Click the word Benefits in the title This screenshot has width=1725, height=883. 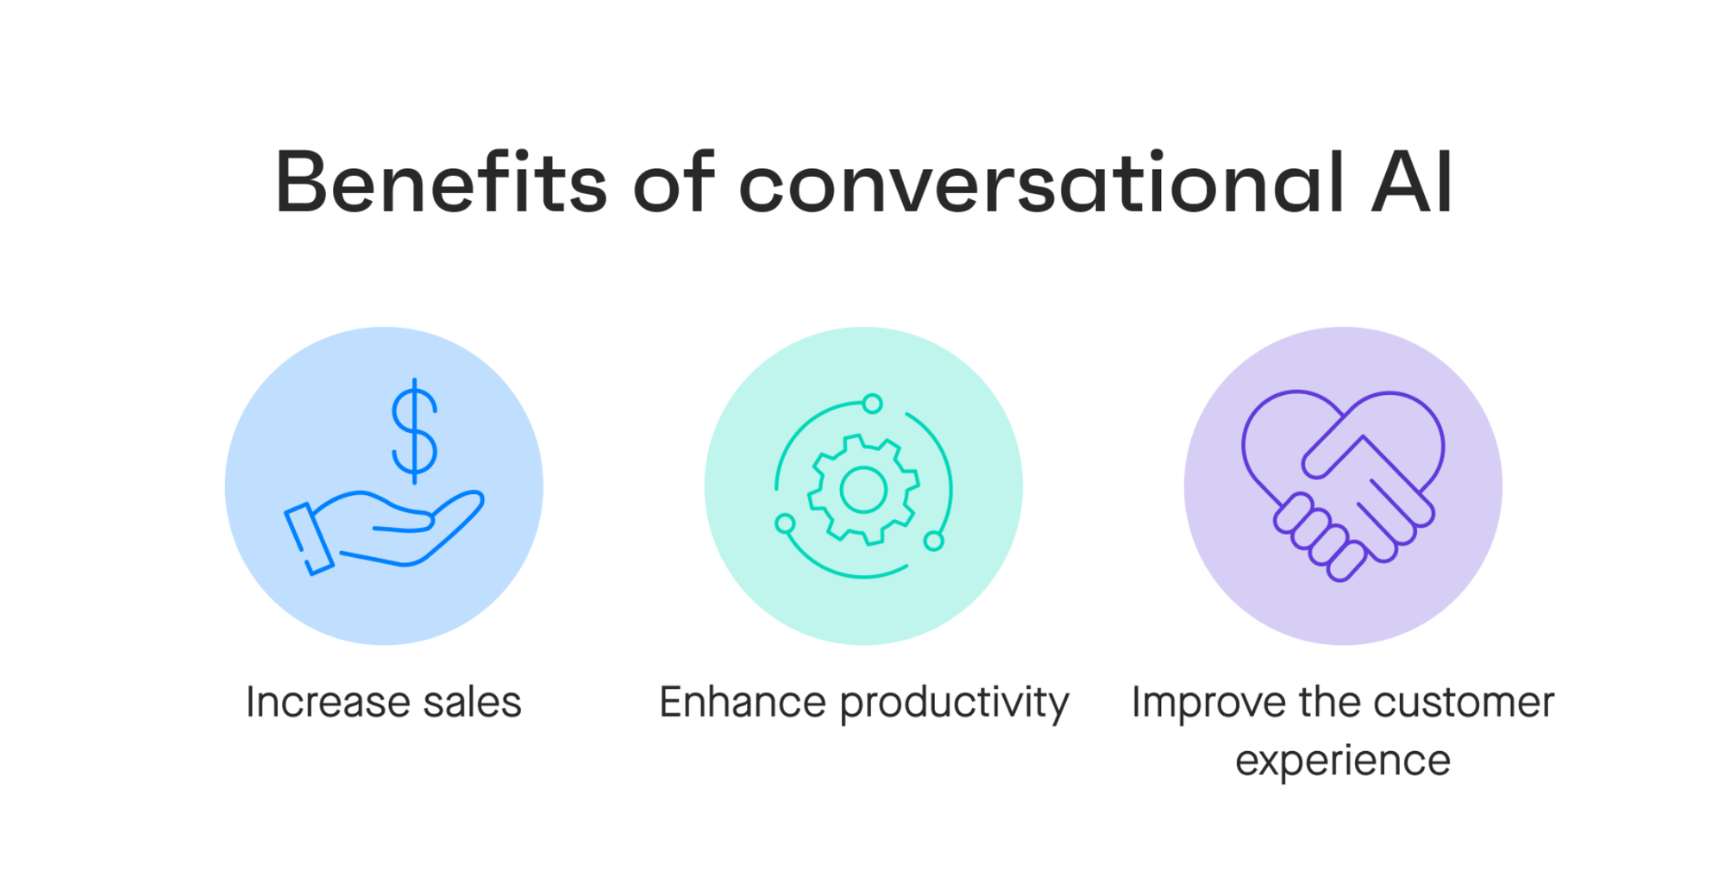point(441,182)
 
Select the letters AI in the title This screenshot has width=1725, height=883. point(1412,182)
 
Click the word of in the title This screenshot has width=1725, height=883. point(674,182)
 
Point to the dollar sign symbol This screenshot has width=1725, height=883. point(415,430)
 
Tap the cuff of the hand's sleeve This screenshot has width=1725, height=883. point(309,538)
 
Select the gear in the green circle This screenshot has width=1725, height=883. point(863,489)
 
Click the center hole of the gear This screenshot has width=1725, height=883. point(863,489)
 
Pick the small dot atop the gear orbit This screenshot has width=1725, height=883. point(872,404)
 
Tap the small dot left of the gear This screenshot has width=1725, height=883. point(785,523)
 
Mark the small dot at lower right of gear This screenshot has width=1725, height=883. point(933,541)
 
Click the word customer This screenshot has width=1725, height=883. point(1464,702)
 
